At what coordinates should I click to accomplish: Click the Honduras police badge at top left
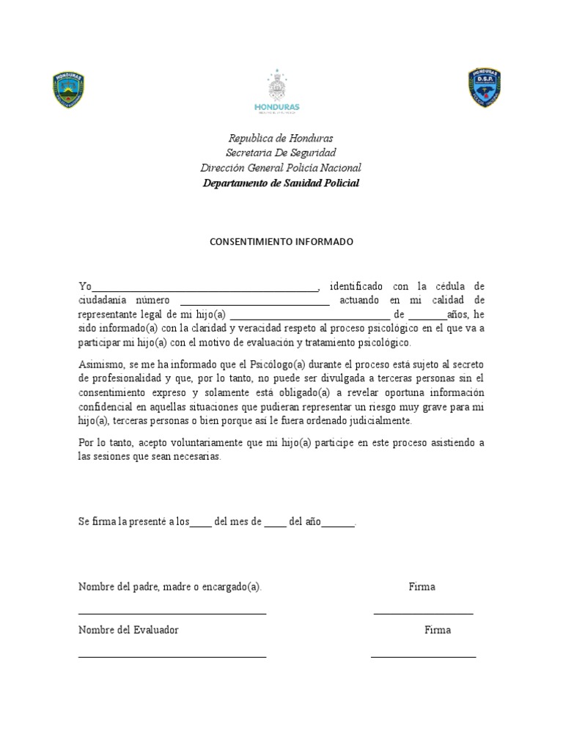68,90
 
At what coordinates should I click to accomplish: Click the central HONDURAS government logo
276,92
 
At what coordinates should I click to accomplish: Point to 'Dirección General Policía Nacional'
281,168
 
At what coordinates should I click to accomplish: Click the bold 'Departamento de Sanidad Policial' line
281,183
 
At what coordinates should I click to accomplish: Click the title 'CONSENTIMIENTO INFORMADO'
281,241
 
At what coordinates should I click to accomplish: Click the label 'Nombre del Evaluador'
128,630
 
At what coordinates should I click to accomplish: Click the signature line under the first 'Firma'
423,612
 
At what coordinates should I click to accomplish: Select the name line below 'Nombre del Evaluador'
172,656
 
